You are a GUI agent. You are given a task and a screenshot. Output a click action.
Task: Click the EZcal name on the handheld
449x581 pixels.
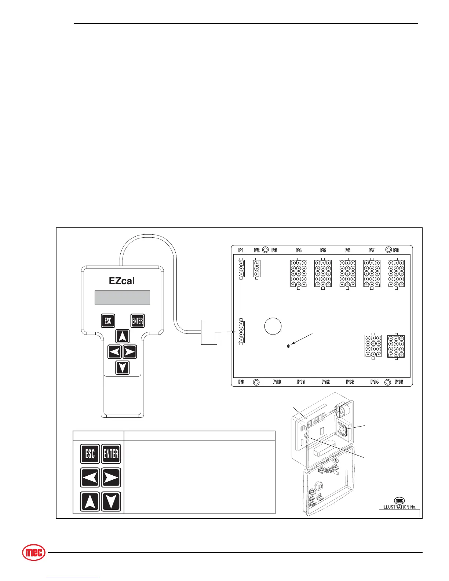tap(122, 281)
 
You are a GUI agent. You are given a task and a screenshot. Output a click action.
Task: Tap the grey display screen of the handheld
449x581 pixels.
tap(122, 297)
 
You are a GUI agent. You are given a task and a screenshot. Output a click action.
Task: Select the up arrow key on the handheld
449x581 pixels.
tap(123, 336)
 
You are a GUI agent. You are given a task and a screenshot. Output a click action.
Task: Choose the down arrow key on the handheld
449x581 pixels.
tap(123, 367)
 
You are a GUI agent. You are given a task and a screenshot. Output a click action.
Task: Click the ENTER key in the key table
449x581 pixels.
tap(111, 454)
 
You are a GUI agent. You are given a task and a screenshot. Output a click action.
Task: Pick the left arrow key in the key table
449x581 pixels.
tap(90, 478)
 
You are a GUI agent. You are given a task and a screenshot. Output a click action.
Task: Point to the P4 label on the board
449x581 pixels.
tap(299, 250)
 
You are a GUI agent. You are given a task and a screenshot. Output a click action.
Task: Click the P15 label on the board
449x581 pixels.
tap(399, 382)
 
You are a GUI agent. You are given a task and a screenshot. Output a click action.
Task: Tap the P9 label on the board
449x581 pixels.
tap(241, 382)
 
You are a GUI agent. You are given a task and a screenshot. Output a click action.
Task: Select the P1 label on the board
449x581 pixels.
tap(241, 250)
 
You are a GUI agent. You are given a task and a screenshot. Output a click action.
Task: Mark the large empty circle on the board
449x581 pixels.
tap(273, 326)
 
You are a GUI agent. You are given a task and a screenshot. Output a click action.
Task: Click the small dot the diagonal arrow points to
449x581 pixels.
tap(288, 346)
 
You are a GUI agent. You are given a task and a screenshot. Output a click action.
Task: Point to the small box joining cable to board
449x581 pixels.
tap(209, 332)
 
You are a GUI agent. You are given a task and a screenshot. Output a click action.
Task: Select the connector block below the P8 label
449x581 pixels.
tap(396, 274)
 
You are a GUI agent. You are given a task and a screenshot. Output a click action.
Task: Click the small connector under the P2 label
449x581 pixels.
tap(257, 269)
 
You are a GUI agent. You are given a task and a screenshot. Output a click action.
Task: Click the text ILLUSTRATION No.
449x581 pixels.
tap(399, 507)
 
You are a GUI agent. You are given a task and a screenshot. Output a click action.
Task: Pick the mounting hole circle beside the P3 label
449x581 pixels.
tap(266, 250)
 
